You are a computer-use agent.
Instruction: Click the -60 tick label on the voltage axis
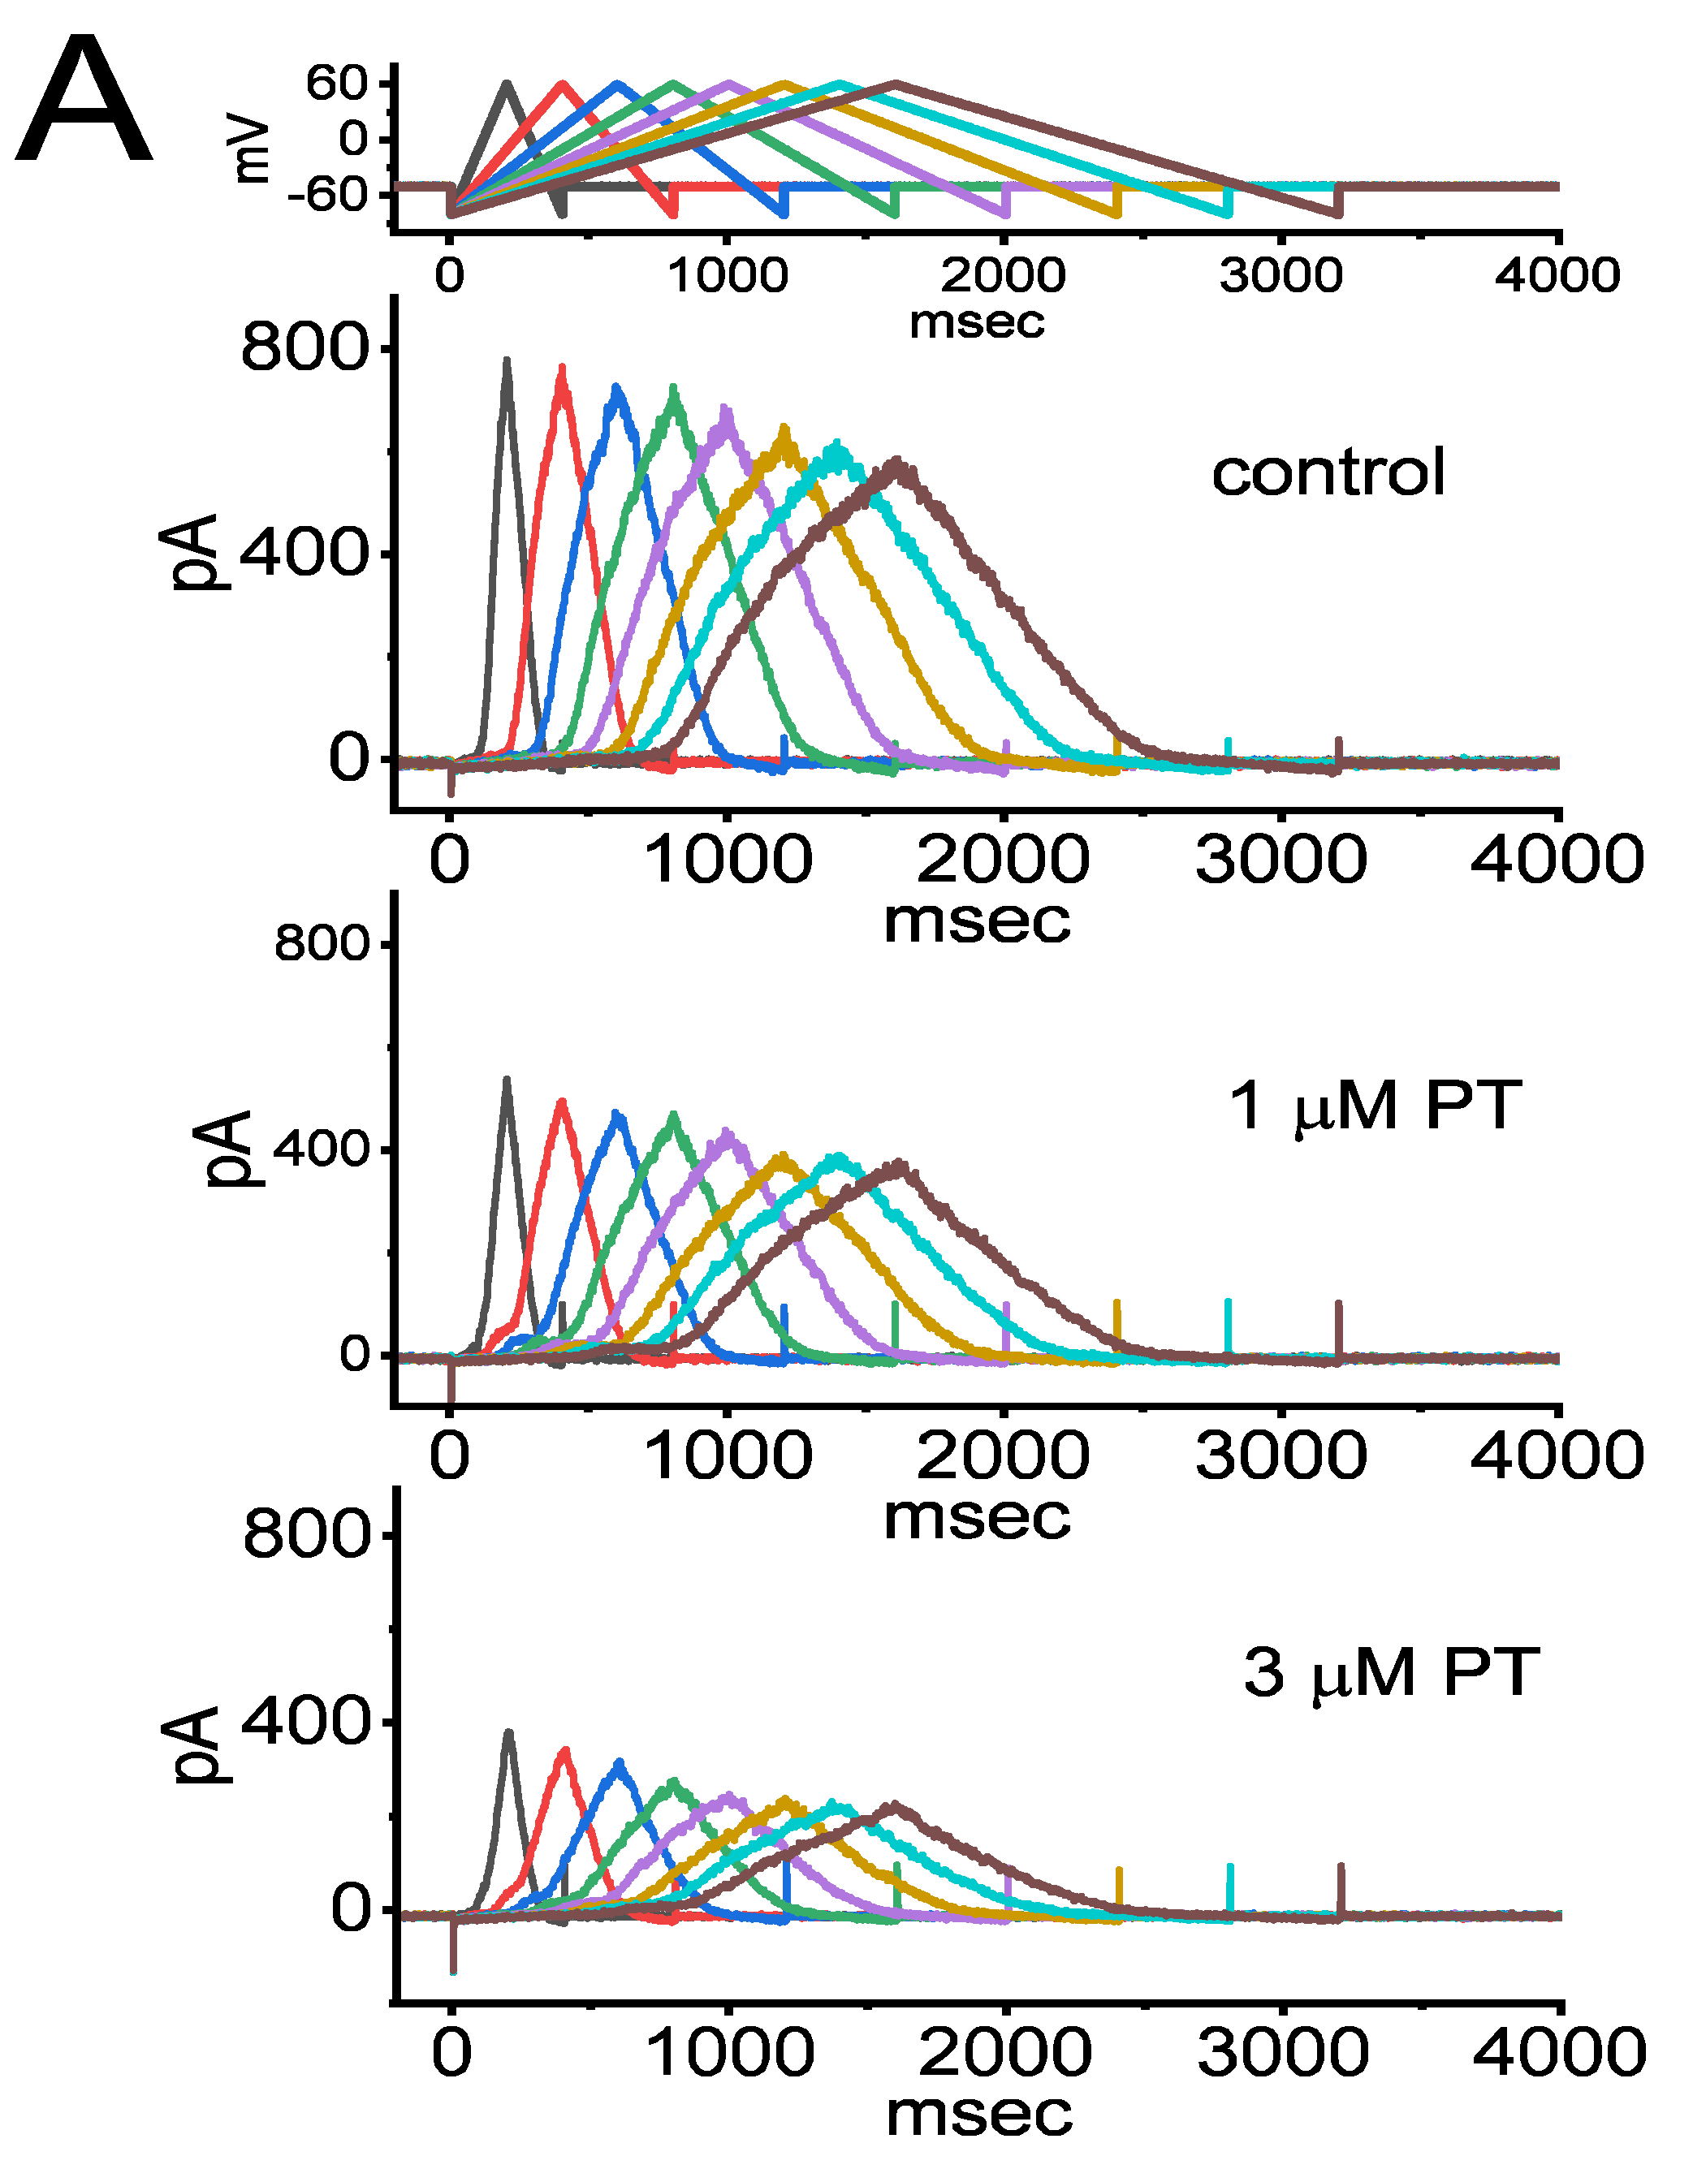(x=328, y=195)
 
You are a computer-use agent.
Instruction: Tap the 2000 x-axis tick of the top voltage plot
(x=1004, y=275)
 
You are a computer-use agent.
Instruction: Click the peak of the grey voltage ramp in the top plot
(x=507, y=84)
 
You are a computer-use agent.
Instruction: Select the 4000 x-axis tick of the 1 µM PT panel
(x=1556, y=1456)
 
